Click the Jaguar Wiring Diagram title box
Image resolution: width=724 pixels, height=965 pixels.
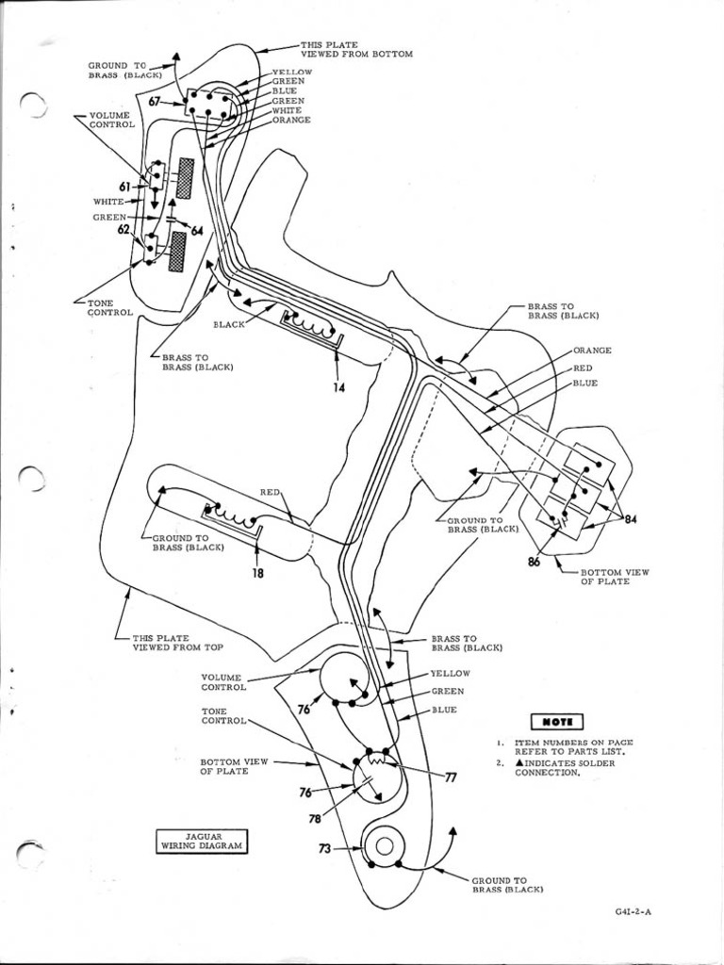pyautogui.click(x=201, y=841)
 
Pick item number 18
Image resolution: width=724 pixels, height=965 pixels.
pyautogui.click(x=257, y=572)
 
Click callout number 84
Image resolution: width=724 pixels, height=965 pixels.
pyautogui.click(x=631, y=519)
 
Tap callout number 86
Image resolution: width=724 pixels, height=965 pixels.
pyautogui.click(x=535, y=562)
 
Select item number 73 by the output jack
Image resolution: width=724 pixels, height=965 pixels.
pyautogui.click(x=324, y=848)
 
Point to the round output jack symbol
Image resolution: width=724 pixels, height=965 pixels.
pyautogui.click(x=384, y=845)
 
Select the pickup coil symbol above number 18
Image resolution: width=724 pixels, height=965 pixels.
pyautogui.click(x=231, y=517)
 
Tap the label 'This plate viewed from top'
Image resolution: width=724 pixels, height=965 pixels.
pyautogui.click(x=176, y=642)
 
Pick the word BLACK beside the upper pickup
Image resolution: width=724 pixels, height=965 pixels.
pyautogui.click(x=229, y=324)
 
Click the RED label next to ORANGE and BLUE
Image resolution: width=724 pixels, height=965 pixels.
pyautogui.click(x=583, y=368)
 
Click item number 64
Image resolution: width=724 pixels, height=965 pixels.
pyautogui.click(x=197, y=231)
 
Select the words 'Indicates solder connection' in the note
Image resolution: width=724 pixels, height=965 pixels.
pyautogui.click(x=559, y=767)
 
